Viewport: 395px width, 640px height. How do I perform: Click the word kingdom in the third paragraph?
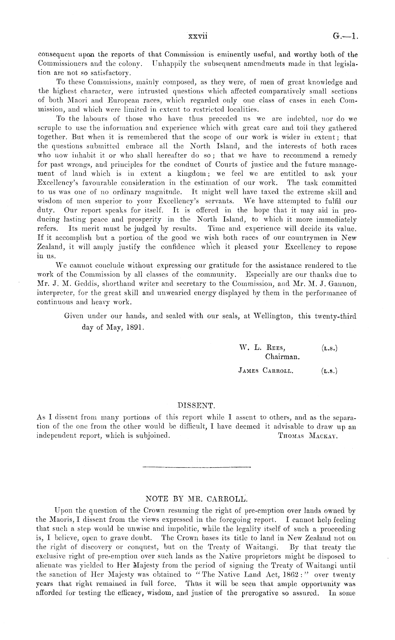[193, 174]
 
